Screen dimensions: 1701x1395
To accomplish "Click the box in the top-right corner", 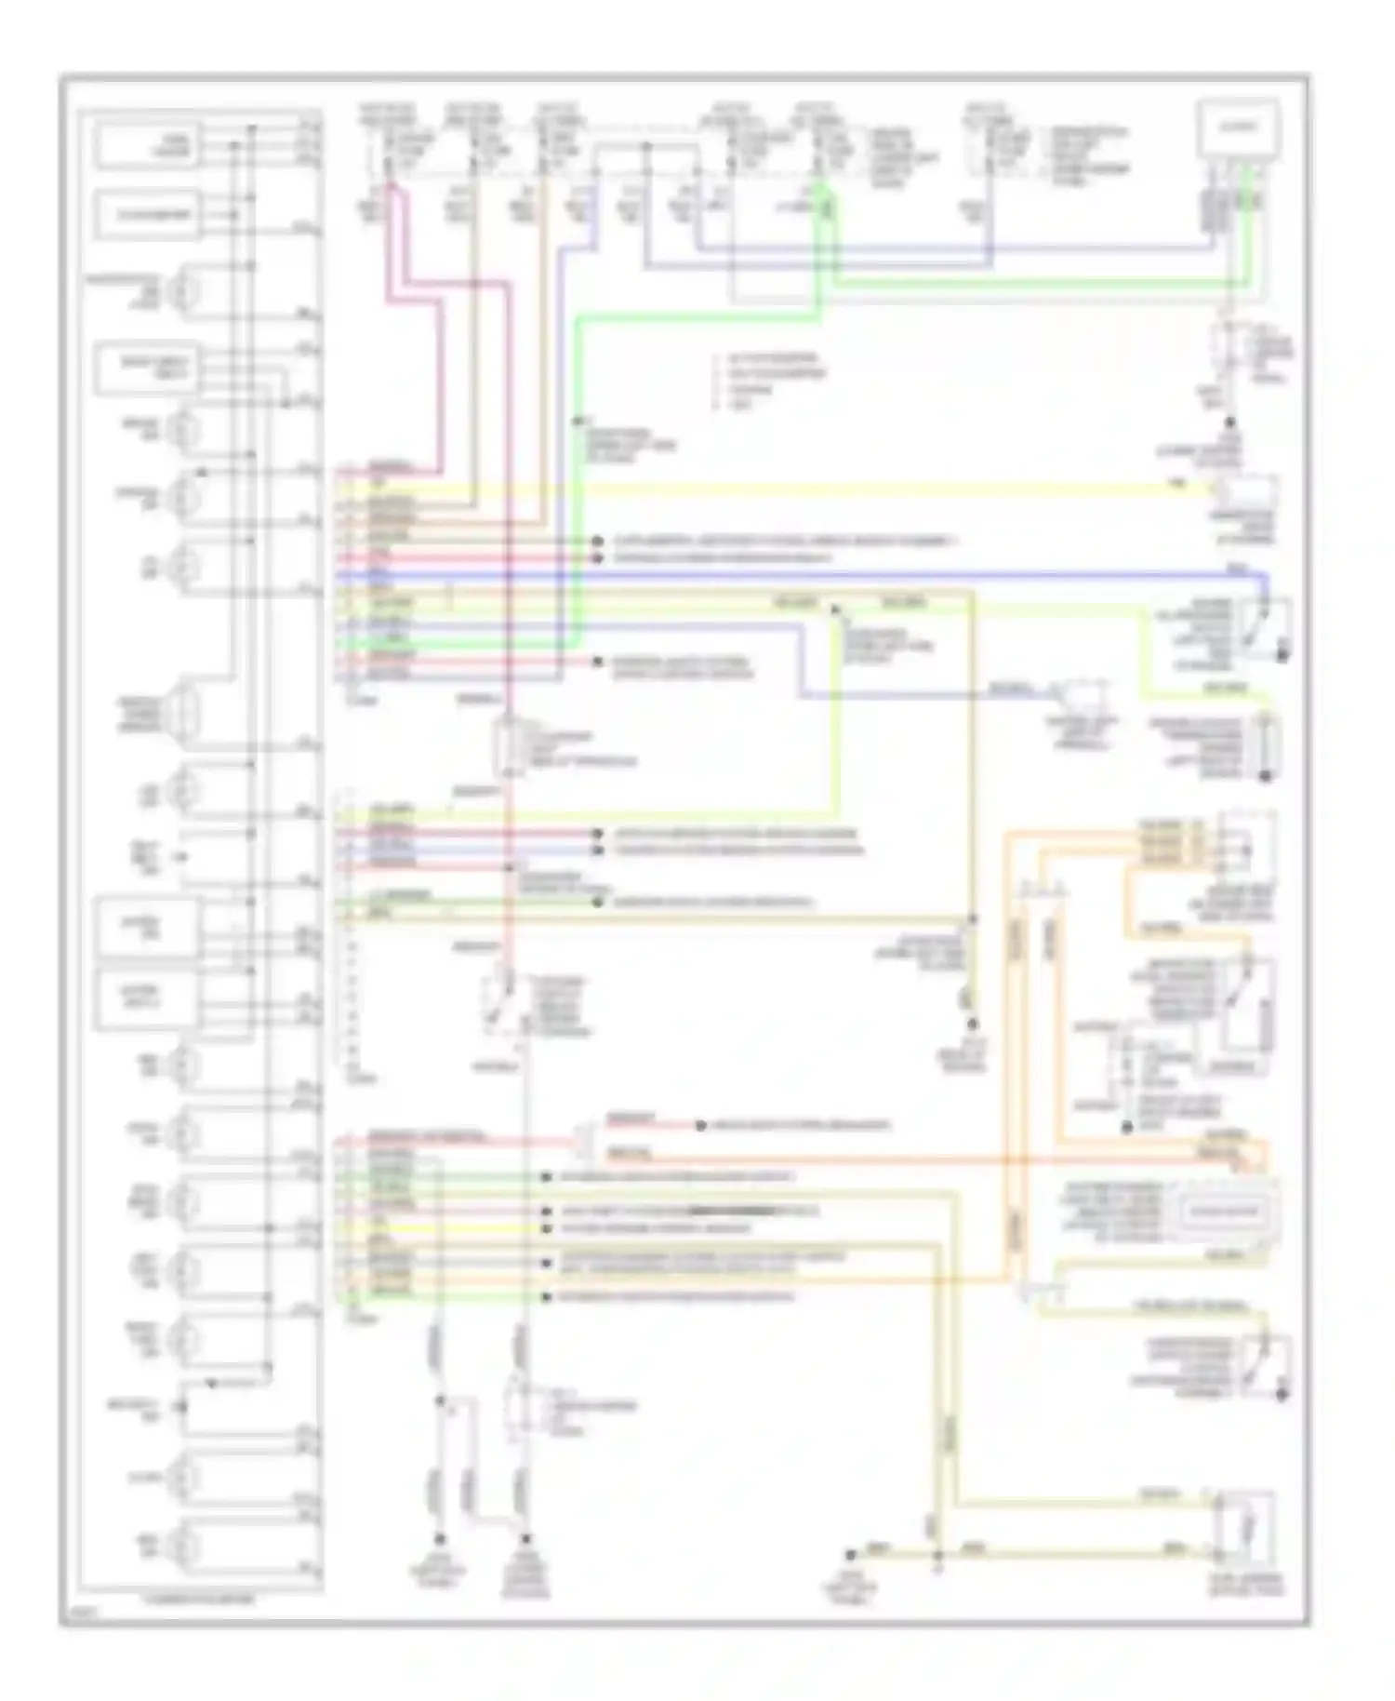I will click(x=1240, y=129).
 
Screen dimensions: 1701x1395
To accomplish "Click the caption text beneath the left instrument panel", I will click(x=200, y=1600).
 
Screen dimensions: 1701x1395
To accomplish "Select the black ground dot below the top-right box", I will click(x=1230, y=422).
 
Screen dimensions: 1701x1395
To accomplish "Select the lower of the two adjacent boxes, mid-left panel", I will click(x=147, y=999).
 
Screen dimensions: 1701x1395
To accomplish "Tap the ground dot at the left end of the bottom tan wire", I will click(x=850, y=1555).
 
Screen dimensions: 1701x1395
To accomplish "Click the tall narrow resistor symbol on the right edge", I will click(x=1265, y=747).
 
